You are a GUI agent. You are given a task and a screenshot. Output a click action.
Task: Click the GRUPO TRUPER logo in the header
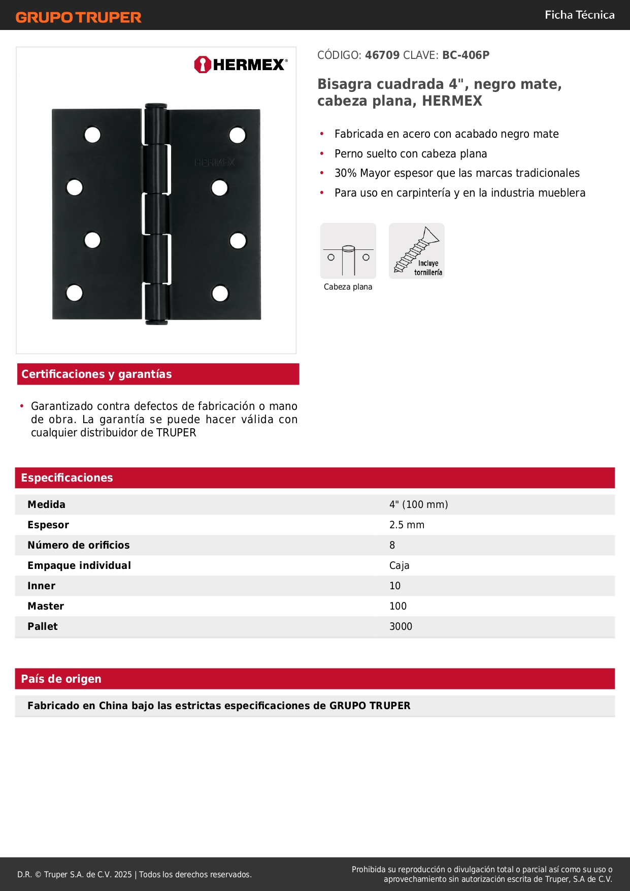(x=78, y=17)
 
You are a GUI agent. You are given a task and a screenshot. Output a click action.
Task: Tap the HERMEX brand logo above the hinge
(x=241, y=65)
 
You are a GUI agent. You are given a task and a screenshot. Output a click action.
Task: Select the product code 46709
(x=382, y=55)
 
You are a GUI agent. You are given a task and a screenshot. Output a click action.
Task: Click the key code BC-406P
(x=466, y=55)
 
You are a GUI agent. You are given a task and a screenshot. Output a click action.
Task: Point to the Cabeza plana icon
(x=348, y=251)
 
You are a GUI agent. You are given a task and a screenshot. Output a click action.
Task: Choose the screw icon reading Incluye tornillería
(x=417, y=251)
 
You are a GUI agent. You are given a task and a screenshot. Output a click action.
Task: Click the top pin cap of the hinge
(x=156, y=106)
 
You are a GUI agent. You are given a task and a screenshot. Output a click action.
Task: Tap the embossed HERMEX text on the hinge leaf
(x=215, y=163)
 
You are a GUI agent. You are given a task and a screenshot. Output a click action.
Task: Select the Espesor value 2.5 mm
(x=407, y=525)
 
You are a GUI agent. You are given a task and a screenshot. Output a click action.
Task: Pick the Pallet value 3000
(x=401, y=626)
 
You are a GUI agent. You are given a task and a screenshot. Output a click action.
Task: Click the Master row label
(x=46, y=606)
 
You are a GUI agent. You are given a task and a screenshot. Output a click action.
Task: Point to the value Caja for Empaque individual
(x=399, y=565)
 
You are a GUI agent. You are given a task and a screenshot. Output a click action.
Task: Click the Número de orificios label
(x=79, y=545)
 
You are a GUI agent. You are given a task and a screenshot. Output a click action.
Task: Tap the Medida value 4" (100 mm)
(x=418, y=504)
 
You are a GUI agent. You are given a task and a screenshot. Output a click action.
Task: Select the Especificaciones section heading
(x=67, y=478)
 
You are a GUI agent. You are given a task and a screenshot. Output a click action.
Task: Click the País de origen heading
(x=61, y=679)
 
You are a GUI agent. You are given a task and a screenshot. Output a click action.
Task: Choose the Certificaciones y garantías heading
(x=96, y=374)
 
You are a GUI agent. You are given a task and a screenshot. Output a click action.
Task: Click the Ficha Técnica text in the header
(x=579, y=15)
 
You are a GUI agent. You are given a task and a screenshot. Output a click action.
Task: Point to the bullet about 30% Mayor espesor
(x=457, y=173)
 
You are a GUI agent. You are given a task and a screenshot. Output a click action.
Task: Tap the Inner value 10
(x=395, y=586)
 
